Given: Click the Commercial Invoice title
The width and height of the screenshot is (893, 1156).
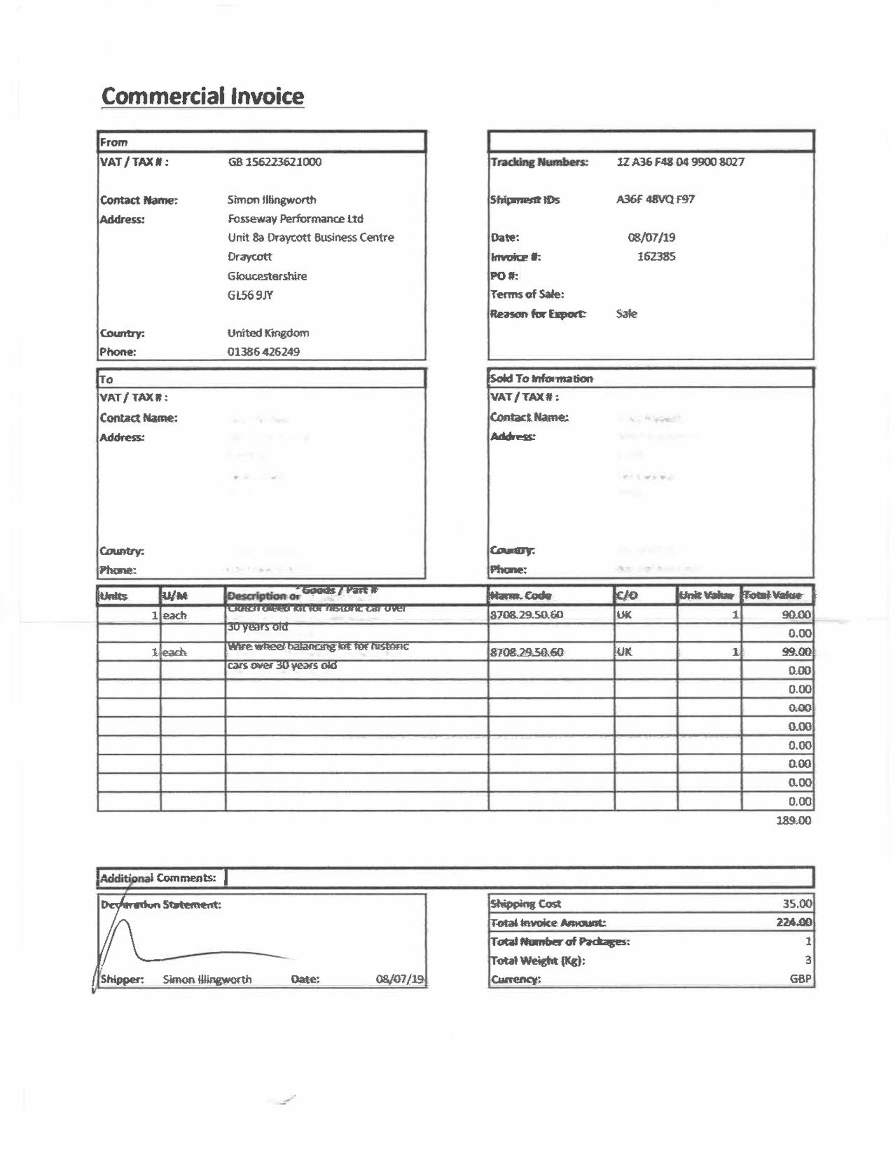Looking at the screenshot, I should click(x=203, y=96).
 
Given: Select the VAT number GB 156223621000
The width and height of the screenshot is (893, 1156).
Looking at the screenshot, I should click(x=274, y=162).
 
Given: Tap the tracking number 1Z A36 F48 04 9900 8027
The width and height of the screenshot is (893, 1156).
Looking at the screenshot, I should click(x=680, y=162).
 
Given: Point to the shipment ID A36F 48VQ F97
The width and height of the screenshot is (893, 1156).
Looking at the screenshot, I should click(x=655, y=200).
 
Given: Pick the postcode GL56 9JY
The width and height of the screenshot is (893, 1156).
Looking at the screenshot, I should click(x=250, y=296).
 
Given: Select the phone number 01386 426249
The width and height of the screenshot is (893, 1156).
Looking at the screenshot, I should click(x=263, y=352).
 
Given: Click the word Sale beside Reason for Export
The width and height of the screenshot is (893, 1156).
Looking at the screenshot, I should click(x=626, y=314).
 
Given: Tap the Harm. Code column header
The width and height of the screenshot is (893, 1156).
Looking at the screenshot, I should click(x=520, y=596).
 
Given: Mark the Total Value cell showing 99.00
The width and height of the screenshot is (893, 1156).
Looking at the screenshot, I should click(x=796, y=652).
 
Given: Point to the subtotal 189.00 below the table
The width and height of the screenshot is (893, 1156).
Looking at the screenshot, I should click(x=793, y=820).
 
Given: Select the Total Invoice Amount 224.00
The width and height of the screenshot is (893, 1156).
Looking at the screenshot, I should click(x=793, y=922).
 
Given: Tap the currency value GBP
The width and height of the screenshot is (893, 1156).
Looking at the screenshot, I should click(x=800, y=979).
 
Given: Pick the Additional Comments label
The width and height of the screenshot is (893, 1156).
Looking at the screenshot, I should click(x=158, y=878).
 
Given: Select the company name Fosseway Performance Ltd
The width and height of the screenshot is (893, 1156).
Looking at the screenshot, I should click(x=295, y=219).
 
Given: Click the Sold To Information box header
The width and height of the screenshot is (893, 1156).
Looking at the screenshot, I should click(x=541, y=379).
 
